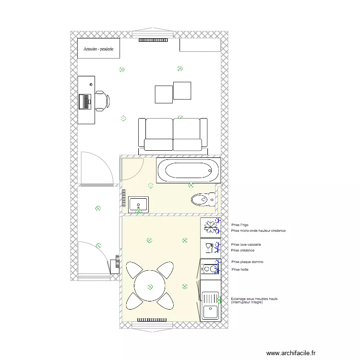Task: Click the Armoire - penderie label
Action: (x=98, y=49)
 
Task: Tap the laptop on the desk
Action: (x=85, y=101)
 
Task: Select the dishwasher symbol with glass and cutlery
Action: (x=209, y=248)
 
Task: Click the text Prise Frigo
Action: (x=240, y=225)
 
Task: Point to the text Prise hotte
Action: (x=240, y=270)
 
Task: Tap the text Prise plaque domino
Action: (x=247, y=262)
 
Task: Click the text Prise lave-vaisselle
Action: (x=246, y=244)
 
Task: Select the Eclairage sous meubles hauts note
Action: (x=254, y=300)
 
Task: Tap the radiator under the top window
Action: (x=153, y=40)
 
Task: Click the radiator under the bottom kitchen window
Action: (x=152, y=320)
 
